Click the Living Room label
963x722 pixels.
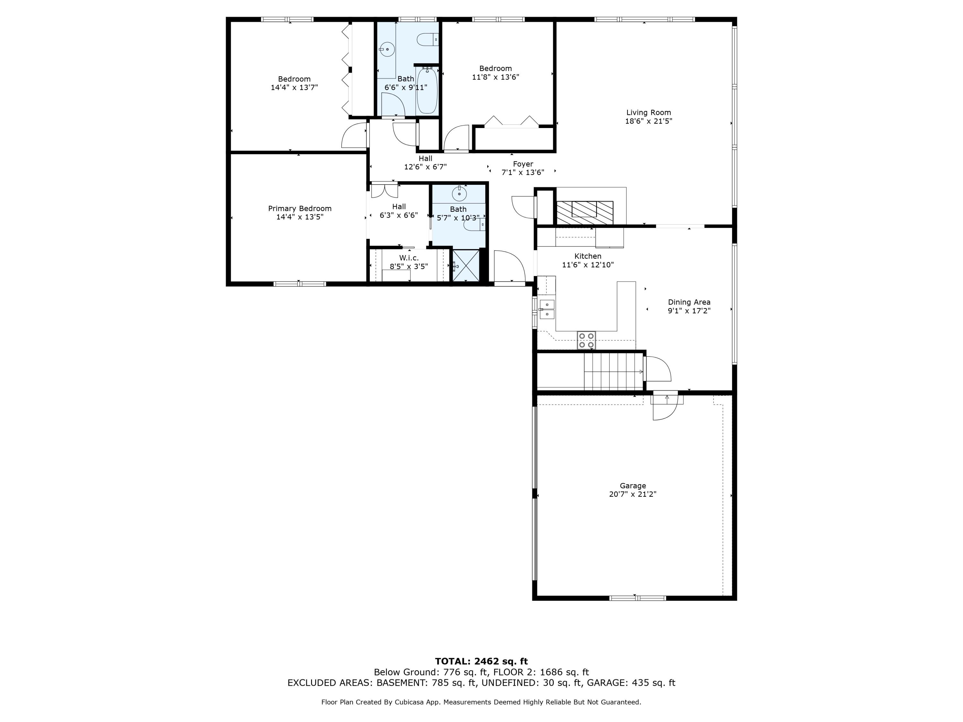point(648,112)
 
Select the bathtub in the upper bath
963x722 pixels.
point(427,90)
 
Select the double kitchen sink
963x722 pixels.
point(547,309)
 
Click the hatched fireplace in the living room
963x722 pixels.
point(585,213)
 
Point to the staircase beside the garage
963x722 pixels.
point(613,371)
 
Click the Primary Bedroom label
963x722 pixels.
point(299,209)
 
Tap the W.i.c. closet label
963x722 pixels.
point(409,258)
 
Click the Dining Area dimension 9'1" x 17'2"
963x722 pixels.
point(689,311)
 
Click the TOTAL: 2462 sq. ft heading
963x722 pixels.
point(481,661)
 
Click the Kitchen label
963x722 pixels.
point(588,256)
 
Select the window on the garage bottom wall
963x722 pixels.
point(638,598)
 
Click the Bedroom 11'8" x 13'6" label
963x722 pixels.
point(495,68)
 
